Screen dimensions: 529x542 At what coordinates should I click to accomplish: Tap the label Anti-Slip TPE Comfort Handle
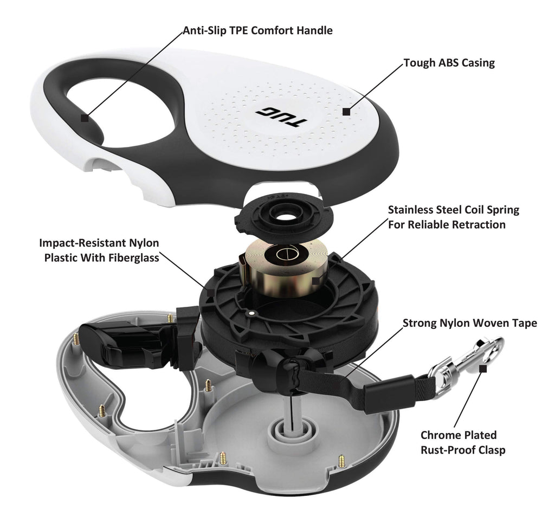click(x=257, y=30)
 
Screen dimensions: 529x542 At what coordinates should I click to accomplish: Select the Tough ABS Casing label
click(x=449, y=63)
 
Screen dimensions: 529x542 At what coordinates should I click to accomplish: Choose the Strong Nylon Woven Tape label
click(x=469, y=323)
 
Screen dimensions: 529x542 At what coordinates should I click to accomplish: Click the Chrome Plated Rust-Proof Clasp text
click(x=463, y=442)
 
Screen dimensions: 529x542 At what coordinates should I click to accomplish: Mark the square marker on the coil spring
click(x=316, y=281)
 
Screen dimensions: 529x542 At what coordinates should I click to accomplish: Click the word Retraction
click(x=481, y=224)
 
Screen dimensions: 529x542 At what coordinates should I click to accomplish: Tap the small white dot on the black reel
click(x=251, y=313)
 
